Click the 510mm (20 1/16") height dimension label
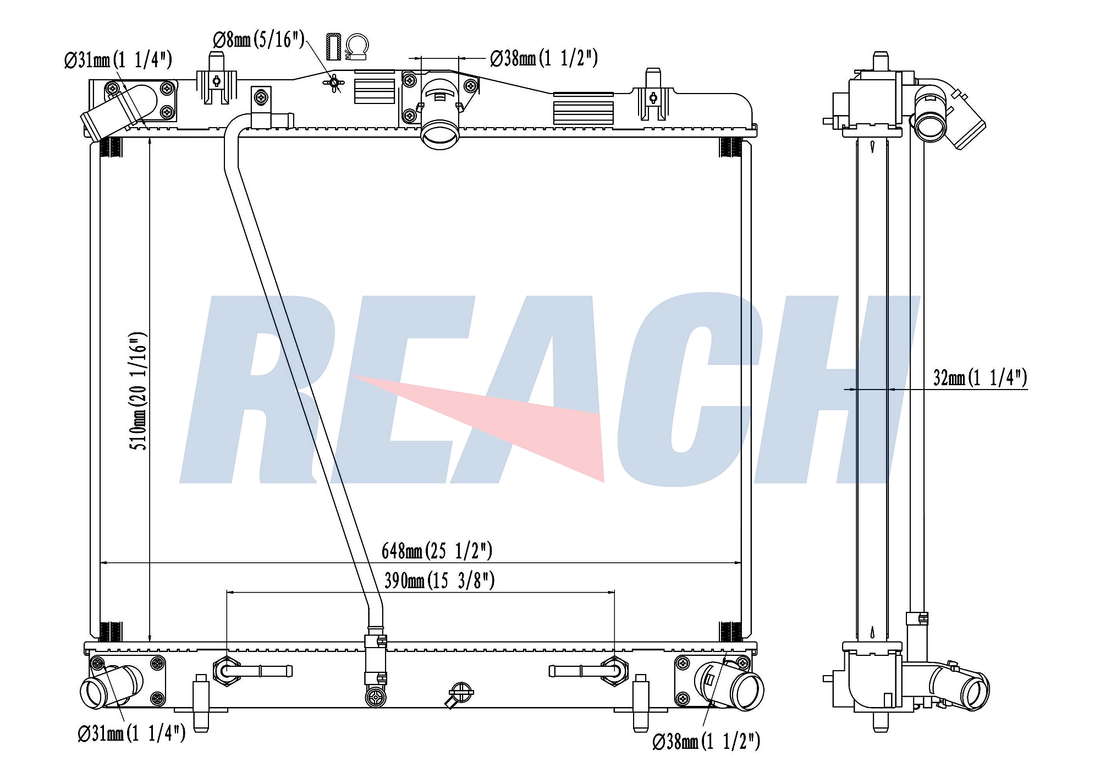click(x=139, y=391)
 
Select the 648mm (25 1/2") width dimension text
click(x=437, y=550)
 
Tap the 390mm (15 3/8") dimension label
click(x=439, y=580)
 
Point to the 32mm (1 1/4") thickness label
click(x=980, y=377)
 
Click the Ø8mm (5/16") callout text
click(x=258, y=40)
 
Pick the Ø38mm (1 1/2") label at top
click(x=544, y=58)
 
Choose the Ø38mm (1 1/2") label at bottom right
click(x=706, y=742)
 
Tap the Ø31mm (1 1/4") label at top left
click(x=118, y=59)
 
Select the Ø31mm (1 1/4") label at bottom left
click(x=132, y=733)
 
